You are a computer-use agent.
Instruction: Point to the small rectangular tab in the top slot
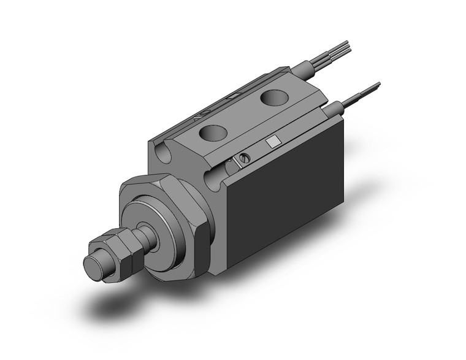(232, 96)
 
